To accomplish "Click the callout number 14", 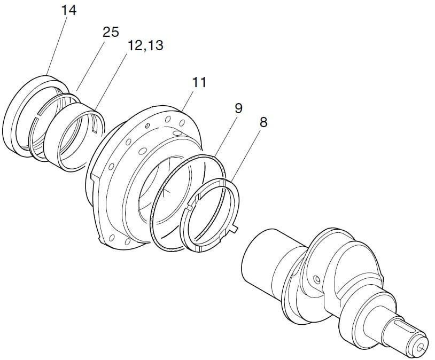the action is (x=68, y=11).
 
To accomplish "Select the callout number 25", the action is (x=111, y=32).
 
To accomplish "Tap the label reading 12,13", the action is (x=145, y=45).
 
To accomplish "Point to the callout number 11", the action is (x=199, y=82).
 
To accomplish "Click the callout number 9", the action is (x=238, y=108).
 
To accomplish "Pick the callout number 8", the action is (x=263, y=122).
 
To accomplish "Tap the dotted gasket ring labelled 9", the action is (x=156, y=200).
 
